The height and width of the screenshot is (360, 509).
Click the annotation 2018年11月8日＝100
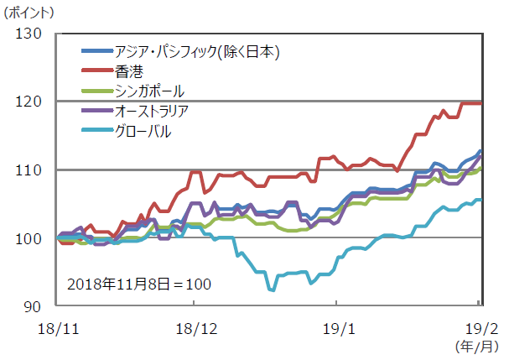point(138,284)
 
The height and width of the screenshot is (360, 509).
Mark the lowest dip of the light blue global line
point(272,290)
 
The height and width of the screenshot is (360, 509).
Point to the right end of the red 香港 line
point(480,103)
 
